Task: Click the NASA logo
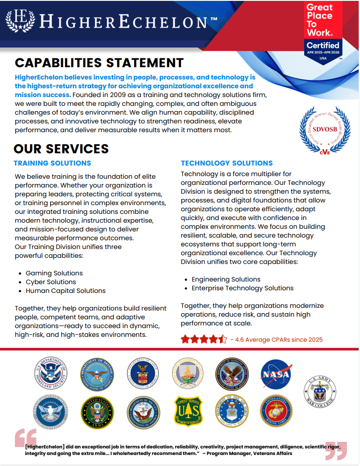click(276, 374)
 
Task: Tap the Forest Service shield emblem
click(188, 411)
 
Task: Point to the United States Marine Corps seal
click(276, 411)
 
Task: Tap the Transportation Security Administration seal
click(51, 411)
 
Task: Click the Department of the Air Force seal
click(232, 411)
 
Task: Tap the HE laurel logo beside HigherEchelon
click(20, 20)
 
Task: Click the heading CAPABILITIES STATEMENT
click(99, 63)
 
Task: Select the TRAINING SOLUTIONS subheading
click(52, 163)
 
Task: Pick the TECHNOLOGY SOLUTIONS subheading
click(227, 163)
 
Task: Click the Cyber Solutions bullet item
click(51, 282)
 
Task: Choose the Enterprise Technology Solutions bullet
click(242, 288)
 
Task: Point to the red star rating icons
click(204, 339)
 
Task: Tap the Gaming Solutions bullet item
click(54, 273)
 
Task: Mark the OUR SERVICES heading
click(61, 148)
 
